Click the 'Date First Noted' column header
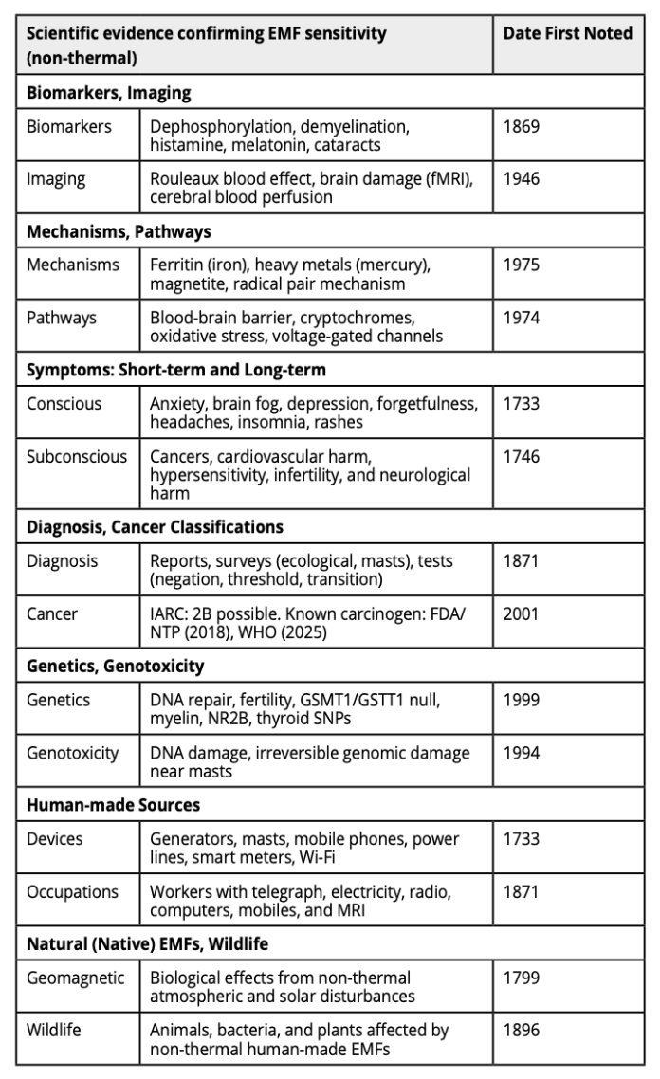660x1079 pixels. coord(567,34)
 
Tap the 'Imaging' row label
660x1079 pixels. coord(56,177)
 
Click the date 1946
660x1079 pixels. coord(522,177)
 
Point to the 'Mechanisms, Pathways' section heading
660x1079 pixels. coord(119,231)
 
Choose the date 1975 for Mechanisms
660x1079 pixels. coord(522,265)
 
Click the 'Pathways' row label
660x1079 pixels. coord(61,317)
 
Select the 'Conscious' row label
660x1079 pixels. coord(63,404)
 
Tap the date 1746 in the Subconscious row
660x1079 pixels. coord(522,456)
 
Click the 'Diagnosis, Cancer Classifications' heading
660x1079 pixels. coord(155,526)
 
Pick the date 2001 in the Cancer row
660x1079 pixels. coord(522,613)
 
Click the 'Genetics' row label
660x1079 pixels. coord(59,700)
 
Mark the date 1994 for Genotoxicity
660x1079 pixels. coord(522,752)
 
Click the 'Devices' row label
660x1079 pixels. coord(55,839)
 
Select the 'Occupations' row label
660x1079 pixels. coord(72,891)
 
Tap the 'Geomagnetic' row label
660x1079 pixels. coord(76,978)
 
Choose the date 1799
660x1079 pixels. coord(522,978)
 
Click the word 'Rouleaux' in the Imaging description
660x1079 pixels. coord(184,177)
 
